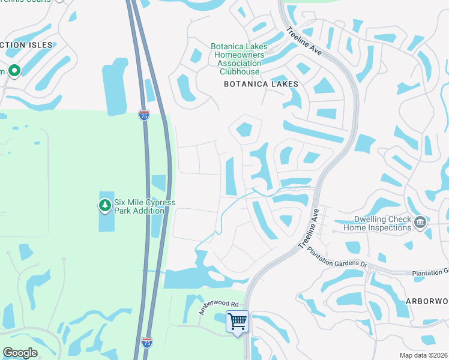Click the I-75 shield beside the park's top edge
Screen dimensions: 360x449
click(143, 115)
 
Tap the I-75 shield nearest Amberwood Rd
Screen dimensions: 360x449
click(147, 342)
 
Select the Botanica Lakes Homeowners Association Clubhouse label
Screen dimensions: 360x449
click(236, 59)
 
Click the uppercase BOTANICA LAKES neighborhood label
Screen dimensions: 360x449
click(261, 85)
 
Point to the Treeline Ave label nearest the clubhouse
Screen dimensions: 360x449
click(304, 41)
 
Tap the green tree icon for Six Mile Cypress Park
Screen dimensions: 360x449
click(105, 206)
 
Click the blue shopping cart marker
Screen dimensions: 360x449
click(237, 322)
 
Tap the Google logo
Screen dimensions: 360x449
click(20, 352)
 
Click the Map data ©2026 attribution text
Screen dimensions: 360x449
click(423, 355)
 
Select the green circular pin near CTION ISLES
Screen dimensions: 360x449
click(14, 71)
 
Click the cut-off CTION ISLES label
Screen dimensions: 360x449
click(26, 45)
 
